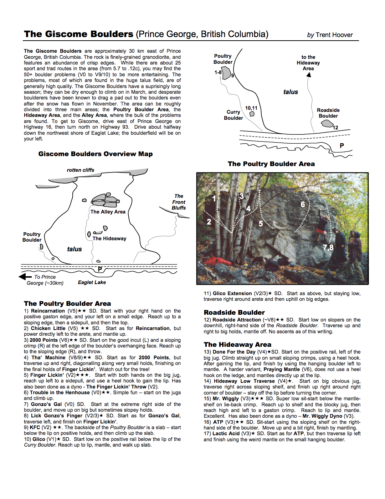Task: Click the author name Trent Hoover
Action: click(334, 35)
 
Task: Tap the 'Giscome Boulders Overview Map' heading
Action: click(96, 154)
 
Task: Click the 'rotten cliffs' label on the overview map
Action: click(81, 170)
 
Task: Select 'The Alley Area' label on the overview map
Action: click(108, 212)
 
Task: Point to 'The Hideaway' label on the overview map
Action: click(109, 238)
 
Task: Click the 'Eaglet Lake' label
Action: click(92, 282)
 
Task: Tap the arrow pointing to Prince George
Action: click(25, 277)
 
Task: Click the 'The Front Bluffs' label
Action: click(179, 202)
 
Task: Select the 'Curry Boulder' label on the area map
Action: click(233, 115)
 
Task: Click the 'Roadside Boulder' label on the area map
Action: click(328, 113)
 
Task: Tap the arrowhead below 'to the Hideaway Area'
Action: click(309, 75)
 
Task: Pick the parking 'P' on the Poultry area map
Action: click(342, 145)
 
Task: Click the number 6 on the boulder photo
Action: click(303, 204)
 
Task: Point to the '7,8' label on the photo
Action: click(328, 247)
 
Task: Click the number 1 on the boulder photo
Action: click(214, 199)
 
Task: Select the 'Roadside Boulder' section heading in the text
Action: click(234, 312)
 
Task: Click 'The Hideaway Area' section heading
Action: click(237, 344)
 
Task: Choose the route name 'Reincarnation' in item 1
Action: click(48, 311)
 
